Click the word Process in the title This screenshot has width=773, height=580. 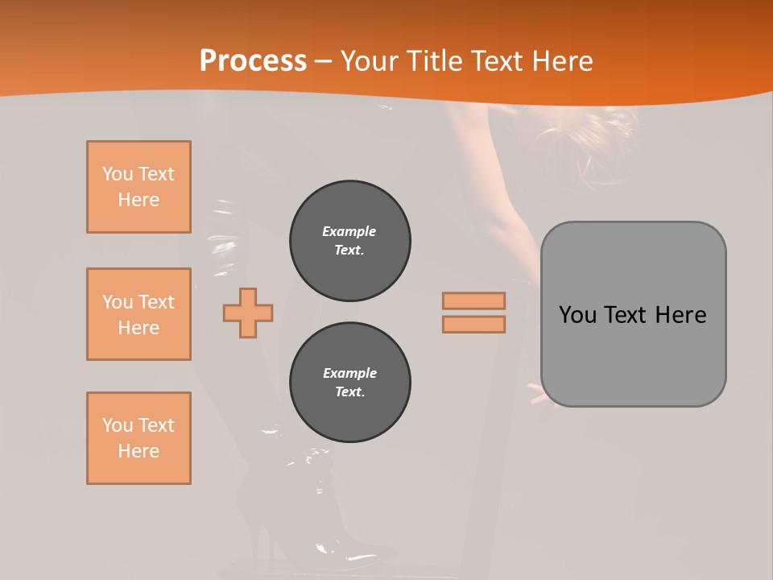253,61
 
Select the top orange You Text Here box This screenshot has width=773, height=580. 138,187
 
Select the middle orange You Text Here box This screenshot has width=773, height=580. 138,314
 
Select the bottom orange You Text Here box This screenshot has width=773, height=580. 138,438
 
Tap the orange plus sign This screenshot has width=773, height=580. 248,313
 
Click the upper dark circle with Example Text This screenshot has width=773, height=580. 350,241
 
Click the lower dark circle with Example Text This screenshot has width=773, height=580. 350,383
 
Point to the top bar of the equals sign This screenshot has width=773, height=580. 473,300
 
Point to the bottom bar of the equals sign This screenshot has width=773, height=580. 473,324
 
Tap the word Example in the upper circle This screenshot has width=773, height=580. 349,231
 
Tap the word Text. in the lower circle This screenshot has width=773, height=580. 349,392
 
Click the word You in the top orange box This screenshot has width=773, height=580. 118,174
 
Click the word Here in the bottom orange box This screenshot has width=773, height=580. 138,451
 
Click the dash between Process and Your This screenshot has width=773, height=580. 324,61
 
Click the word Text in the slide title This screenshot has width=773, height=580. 494,61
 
